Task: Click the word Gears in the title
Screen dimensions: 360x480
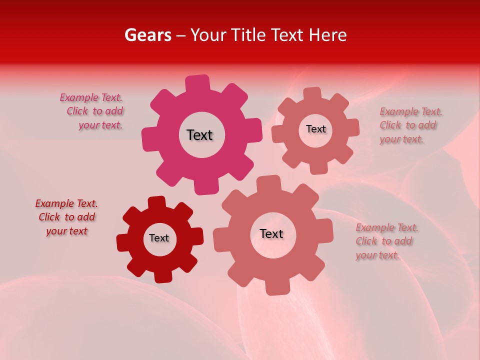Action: click(147, 35)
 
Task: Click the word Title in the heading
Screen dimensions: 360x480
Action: click(248, 35)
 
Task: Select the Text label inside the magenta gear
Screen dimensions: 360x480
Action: click(199, 135)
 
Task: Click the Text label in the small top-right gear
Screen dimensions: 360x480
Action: click(315, 129)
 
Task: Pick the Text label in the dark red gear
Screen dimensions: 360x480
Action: click(159, 238)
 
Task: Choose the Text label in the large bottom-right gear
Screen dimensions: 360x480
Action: click(271, 233)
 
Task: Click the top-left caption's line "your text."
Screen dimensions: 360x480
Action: click(100, 125)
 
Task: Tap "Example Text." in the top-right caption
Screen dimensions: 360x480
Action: click(411, 111)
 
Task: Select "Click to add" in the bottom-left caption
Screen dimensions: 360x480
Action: click(67, 217)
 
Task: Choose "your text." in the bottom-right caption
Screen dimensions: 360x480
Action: click(377, 255)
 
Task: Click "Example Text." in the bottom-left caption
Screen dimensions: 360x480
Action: click(66, 204)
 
